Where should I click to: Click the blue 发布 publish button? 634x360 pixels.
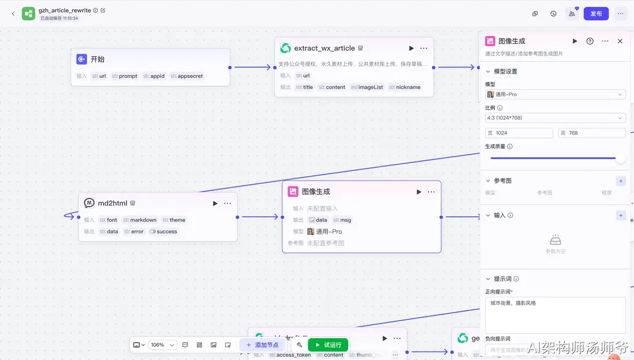[x=596, y=13]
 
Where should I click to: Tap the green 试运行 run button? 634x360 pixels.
[x=328, y=345]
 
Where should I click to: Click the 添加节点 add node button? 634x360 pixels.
[x=263, y=345]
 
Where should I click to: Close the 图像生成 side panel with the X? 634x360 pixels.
[x=620, y=41]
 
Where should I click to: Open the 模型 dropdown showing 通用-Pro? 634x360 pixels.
[x=555, y=94]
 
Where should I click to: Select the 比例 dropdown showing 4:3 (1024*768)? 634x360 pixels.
[x=555, y=118]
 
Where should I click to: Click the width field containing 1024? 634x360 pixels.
[x=519, y=133]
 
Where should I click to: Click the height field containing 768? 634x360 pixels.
[x=591, y=133]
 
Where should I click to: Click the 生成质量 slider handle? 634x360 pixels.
[x=620, y=158]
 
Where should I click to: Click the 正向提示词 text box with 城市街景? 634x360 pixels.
[x=555, y=315]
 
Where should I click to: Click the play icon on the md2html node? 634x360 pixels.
[x=215, y=203]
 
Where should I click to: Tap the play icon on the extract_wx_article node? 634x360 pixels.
[x=411, y=49]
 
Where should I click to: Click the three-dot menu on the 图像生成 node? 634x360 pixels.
[x=431, y=192]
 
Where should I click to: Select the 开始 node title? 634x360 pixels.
[x=97, y=59]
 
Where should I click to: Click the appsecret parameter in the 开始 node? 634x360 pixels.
[x=187, y=76]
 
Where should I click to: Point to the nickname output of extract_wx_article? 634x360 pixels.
[x=405, y=87]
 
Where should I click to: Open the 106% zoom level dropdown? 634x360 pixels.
[x=162, y=345]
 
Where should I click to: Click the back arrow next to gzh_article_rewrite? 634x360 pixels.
[x=13, y=13]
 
